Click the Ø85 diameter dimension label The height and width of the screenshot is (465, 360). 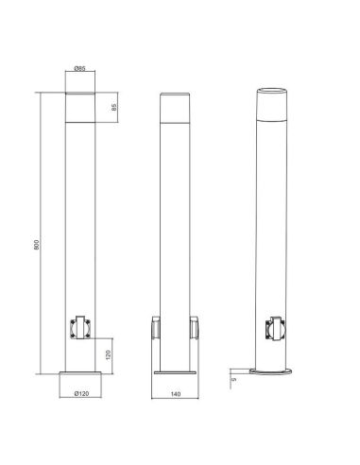click(79, 68)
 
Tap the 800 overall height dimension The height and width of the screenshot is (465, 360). click(36, 244)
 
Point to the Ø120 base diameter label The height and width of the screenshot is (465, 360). click(79, 390)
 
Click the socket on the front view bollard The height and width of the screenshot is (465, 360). click(79, 327)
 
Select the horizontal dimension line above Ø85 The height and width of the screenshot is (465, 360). click(79, 77)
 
